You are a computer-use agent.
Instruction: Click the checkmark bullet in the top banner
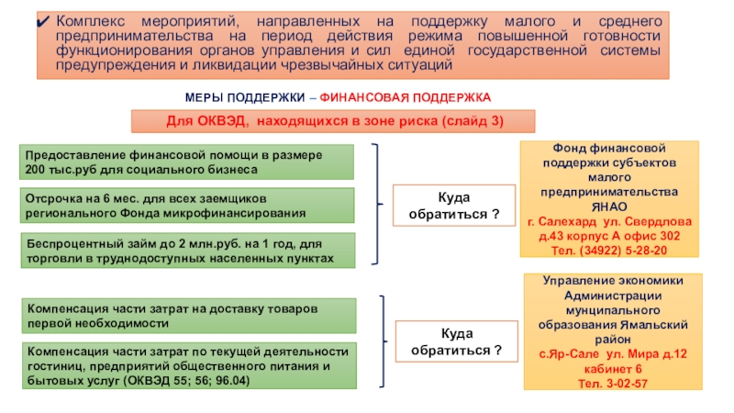43,20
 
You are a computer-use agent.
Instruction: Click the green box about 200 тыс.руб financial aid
187,162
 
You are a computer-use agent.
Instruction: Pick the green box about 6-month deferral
187,205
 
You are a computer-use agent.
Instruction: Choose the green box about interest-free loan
187,250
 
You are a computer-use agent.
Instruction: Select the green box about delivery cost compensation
187,315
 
